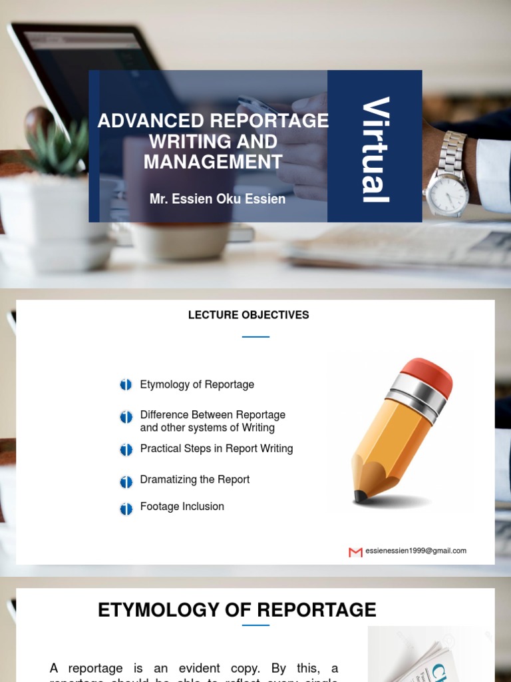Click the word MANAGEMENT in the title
213,162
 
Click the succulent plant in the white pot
57,148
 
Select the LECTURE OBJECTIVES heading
248,315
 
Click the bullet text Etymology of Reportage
196,384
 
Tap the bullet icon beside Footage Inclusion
126,510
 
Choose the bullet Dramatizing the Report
194,480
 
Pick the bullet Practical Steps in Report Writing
216,449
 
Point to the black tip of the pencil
360,496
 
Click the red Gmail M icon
355,552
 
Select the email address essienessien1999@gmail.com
416,551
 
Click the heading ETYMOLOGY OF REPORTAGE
237,609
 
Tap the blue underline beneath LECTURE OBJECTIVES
255,337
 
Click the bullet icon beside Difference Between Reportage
126,418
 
